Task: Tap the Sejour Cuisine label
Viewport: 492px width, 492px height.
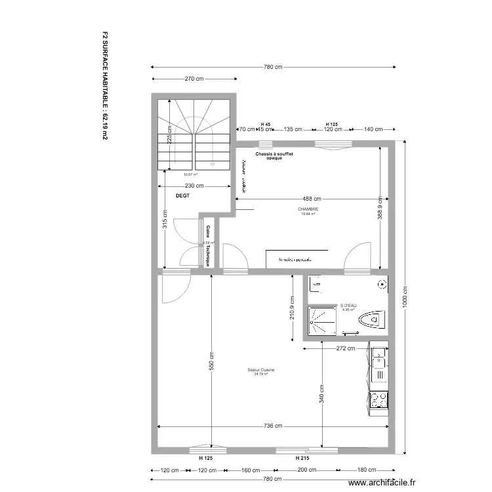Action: coord(261,371)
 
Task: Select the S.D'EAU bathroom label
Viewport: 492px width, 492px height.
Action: coord(348,306)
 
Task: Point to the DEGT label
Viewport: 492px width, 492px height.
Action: coord(182,196)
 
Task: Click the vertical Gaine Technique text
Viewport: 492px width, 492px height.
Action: coord(208,245)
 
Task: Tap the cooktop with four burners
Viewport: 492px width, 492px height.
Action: coord(379,399)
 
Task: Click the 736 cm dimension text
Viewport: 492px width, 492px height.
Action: coord(274,426)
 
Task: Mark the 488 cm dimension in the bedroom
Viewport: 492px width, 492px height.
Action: coord(312,199)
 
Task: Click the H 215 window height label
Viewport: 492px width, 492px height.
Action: coord(302,458)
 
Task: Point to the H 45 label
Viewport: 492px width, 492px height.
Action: coord(266,124)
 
